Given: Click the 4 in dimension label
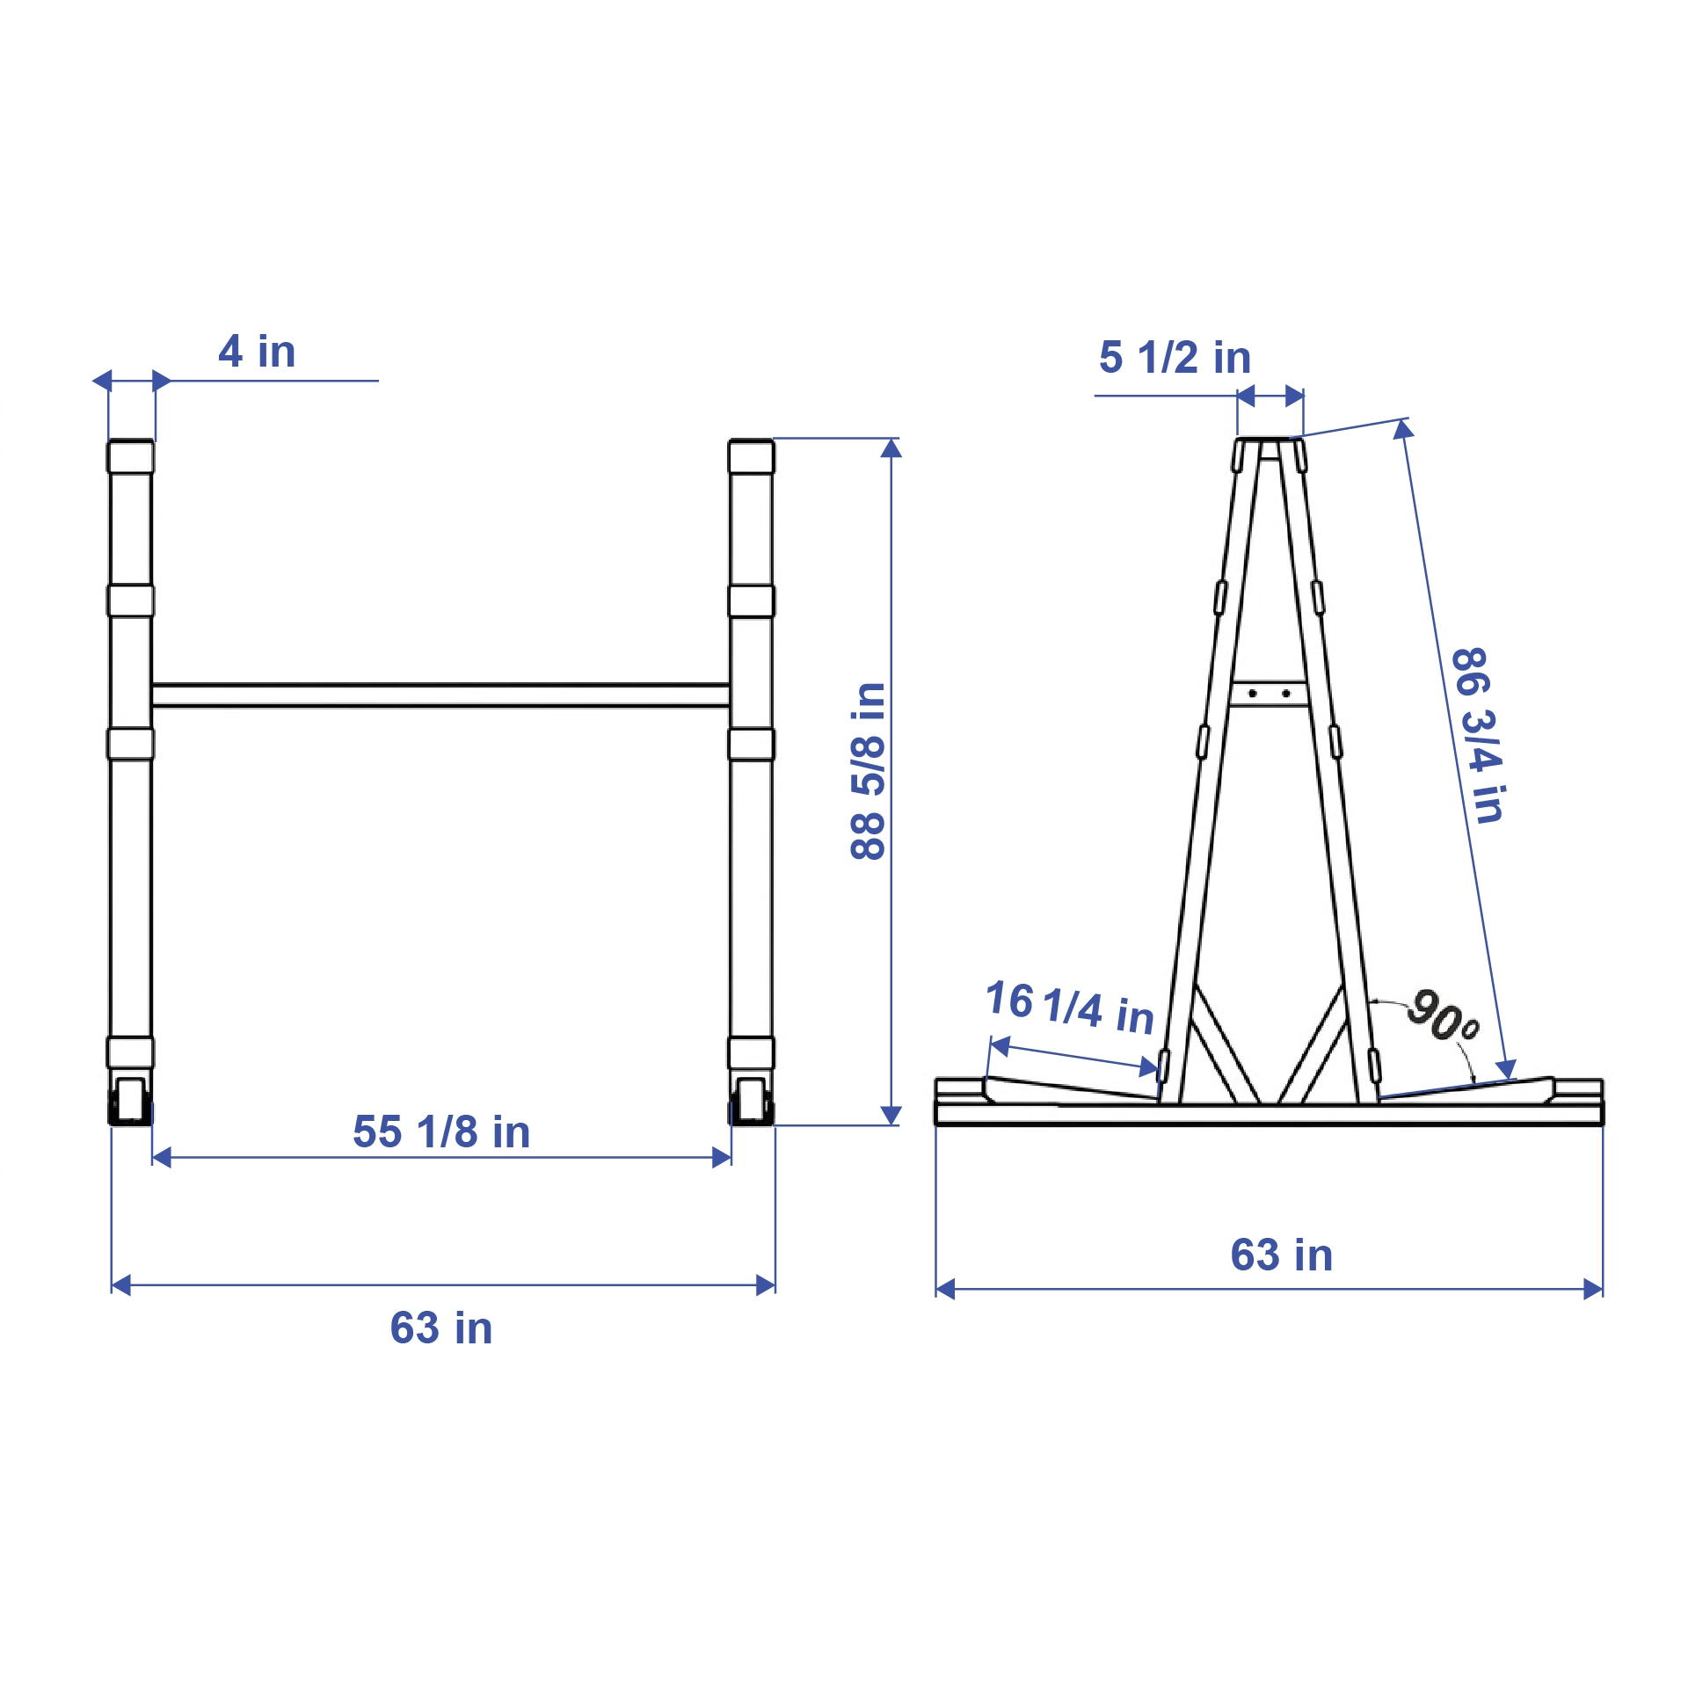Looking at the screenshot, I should click(x=257, y=352).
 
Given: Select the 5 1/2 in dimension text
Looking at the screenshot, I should click(x=1175, y=358).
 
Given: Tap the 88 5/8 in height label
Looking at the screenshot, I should click(x=868, y=770).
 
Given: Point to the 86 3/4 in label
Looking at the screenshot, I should click(x=1478, y=735).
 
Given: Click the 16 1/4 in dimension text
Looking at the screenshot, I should click(x=1069, y=1008).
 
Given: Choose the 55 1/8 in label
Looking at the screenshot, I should click(x=441, y=1132).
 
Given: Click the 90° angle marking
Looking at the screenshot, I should click(x=1442, y=1015).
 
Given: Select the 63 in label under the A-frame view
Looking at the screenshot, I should click(x=1281, y=1255).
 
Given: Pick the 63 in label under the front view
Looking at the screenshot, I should click(x=441, y=1328).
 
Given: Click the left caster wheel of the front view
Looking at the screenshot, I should click(x=130, y=1101).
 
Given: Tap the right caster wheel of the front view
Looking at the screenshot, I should click(x=751, y=1101).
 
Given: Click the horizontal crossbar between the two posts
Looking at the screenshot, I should click(x=440, y=695).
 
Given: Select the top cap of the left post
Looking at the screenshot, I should click(x=130, y=456).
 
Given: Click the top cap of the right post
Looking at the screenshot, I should click(x=751, y=456).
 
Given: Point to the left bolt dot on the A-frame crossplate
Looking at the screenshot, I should click(x=1252, y=694).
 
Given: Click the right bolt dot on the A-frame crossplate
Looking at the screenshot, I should click(x=1285, y=694).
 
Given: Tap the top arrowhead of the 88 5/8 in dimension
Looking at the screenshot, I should click(x=891, y=448).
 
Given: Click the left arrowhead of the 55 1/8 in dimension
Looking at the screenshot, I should click(x=162, y=1158).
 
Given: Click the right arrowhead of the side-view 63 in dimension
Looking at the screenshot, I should click(x=1593, y=1290).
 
